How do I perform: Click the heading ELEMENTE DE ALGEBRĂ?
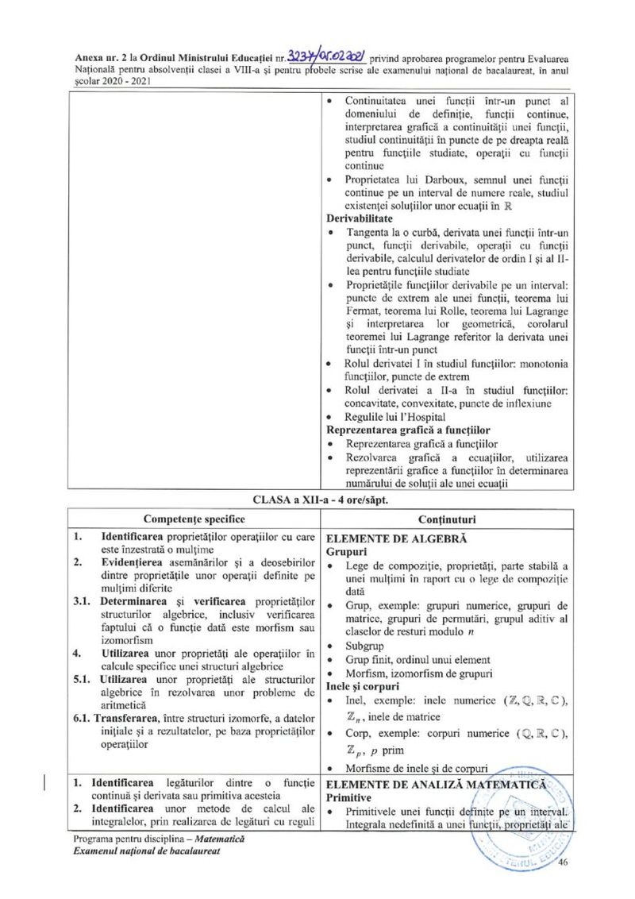396,538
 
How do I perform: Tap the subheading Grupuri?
346,550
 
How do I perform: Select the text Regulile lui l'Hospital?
395,417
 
